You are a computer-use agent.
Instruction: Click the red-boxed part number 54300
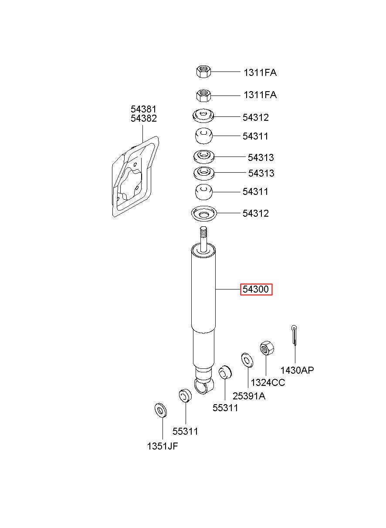256,289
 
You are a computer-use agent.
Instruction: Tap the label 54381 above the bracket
143,109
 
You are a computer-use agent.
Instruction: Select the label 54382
143,118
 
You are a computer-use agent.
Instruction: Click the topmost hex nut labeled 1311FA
203,72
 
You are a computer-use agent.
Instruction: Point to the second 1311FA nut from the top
203,95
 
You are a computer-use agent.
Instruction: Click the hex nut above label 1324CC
267,348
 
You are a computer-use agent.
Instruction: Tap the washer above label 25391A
247,360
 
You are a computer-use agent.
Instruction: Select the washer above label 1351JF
160,410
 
